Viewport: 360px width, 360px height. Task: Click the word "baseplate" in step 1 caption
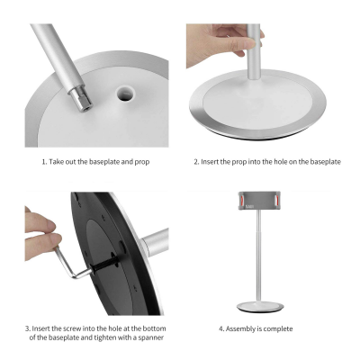103,162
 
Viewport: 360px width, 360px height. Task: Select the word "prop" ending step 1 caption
142,163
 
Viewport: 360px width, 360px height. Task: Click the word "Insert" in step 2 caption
210,162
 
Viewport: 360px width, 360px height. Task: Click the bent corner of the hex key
75,275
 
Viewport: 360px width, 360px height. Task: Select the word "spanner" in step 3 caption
151,337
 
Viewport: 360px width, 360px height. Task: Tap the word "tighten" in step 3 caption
105,337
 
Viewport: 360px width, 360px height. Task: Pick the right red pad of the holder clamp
277,200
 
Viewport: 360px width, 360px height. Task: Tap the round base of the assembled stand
260,307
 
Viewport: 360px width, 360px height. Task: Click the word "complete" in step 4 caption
278,329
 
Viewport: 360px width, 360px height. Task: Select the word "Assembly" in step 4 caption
241,329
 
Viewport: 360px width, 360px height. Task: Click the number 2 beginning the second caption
196,162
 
